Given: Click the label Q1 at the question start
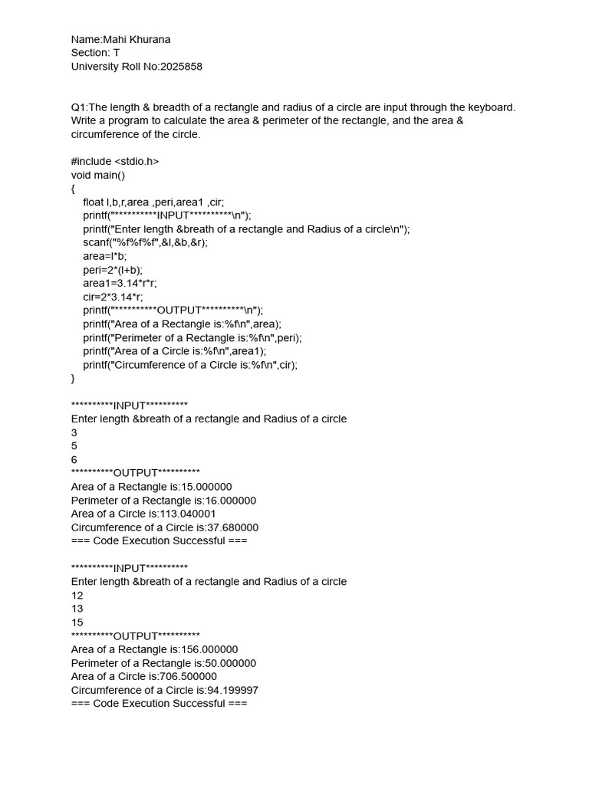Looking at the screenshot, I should click(79, 107).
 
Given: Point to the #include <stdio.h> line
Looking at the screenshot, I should click(115, 161).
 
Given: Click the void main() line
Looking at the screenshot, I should click(97, 175).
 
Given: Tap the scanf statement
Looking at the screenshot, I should click(145, 242).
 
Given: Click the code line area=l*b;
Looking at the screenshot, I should click(105, 256).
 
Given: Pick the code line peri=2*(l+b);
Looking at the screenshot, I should click(113, 270).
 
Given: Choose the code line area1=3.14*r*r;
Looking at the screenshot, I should click(120, 283).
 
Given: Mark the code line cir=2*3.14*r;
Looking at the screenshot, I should click(113, 297).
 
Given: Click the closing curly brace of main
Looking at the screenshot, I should click(74, 378).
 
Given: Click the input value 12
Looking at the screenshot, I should click(77, 596).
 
